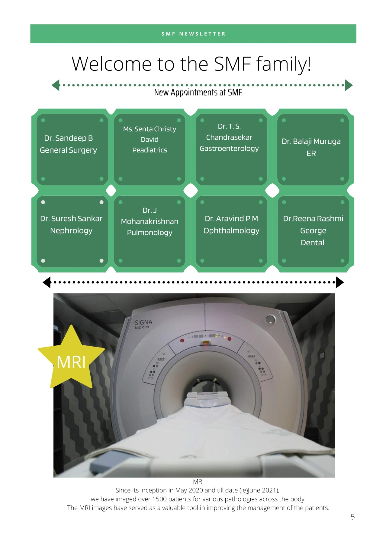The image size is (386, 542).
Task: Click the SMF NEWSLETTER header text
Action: click(193, 34)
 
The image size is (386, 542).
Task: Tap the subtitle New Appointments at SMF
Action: click(198, 92)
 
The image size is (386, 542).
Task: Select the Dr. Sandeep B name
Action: click(69, 138)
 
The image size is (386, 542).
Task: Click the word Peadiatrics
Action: click(150, 150)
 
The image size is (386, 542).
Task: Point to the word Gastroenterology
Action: click(229, 149)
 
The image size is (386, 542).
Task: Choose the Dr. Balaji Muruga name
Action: click(311, 142)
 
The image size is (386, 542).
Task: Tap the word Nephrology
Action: click(71, 231)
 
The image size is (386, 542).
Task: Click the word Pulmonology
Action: click(150, 233)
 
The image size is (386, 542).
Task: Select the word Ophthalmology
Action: click(231, 231)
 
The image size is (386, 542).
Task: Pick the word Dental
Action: click(312, 243)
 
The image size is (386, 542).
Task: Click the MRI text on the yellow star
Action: click(71, 362)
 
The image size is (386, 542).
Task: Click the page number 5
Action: click(352, 517)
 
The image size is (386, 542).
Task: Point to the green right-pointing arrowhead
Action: click(349, 85)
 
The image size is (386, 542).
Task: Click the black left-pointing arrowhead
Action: click(47, 282)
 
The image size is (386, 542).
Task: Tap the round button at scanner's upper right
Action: click(270, 319)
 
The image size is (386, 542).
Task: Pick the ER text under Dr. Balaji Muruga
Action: click(311, 154)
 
